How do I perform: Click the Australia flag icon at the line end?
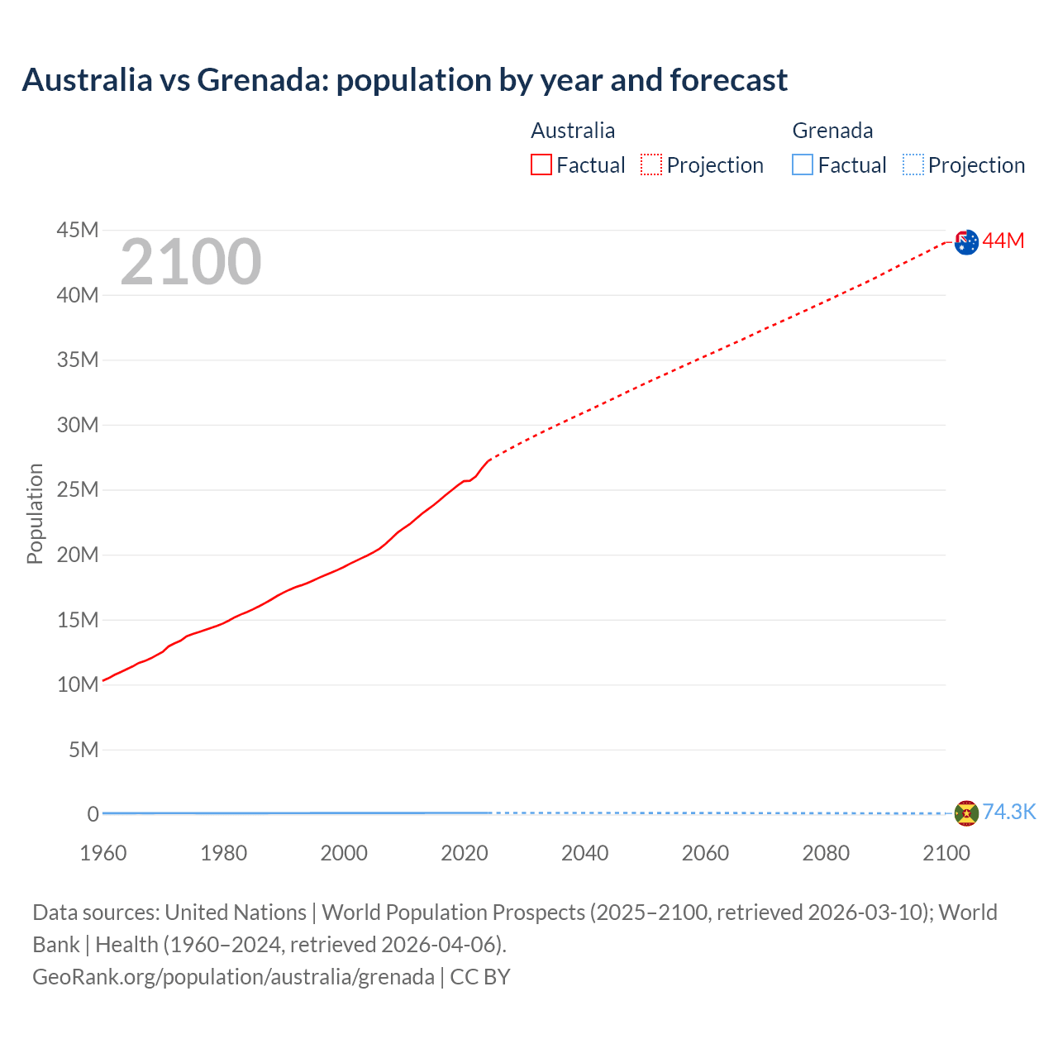966,241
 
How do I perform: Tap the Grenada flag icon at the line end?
966,813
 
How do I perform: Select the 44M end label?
1003,241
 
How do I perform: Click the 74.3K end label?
1008,812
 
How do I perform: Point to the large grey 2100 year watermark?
191,262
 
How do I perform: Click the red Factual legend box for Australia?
541,165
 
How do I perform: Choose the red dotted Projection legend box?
651,165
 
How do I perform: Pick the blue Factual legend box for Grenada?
803,165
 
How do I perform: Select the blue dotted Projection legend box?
913,165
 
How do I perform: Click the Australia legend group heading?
573,131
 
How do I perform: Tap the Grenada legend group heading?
832,131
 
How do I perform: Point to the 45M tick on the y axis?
78,230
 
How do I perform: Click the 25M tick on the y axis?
78,489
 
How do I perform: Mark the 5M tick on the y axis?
83,750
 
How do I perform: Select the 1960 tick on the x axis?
103,853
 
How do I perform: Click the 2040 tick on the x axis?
584,853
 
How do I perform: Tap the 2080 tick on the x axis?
826,853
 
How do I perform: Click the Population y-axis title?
35,513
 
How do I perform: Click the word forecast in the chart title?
728,80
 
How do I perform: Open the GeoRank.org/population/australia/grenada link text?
233,977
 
